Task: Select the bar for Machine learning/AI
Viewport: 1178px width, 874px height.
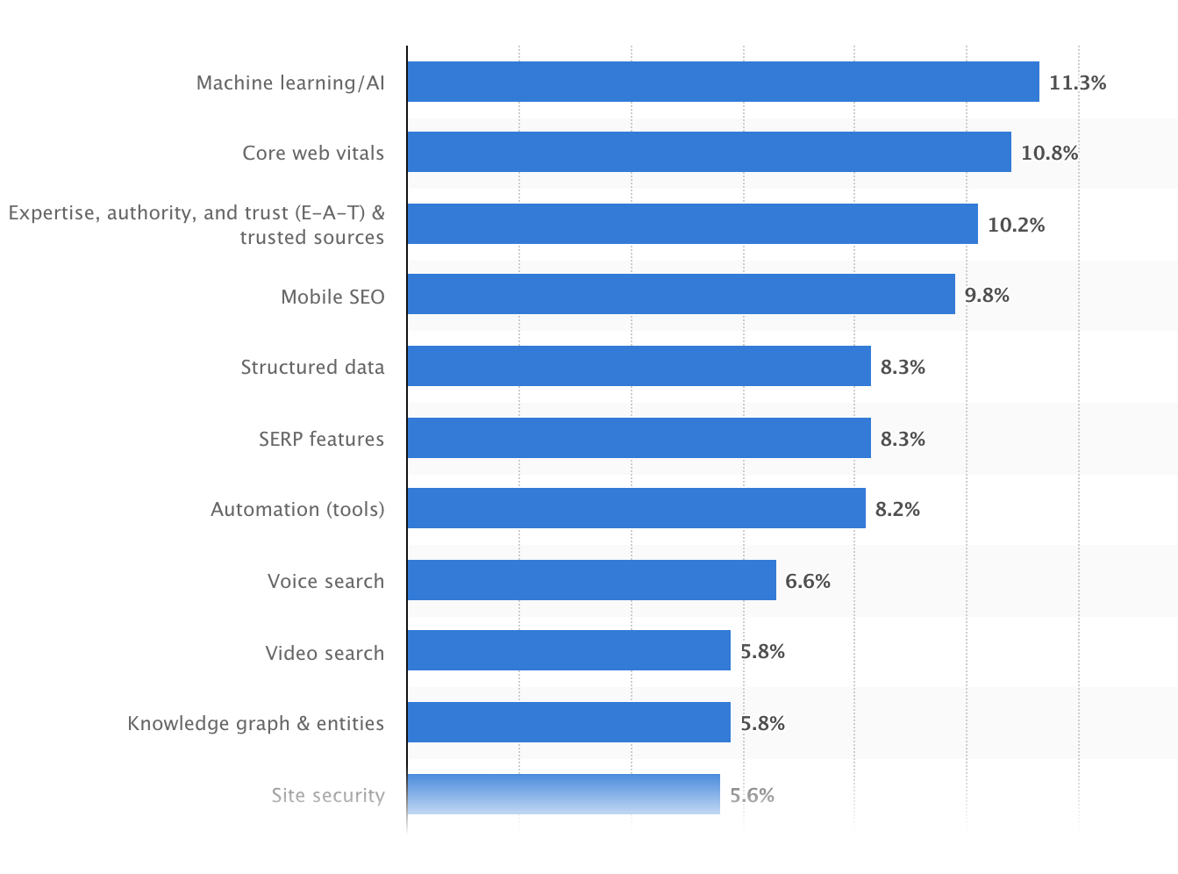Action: (x=723, y=82)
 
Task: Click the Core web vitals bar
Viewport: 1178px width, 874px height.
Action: (x=709, y=152)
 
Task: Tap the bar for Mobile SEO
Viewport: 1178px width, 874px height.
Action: (x=681, y=294)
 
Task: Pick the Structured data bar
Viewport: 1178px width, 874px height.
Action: (x=639, y=366)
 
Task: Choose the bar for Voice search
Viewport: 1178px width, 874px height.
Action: (x=591, y=580)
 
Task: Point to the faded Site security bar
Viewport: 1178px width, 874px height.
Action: (x=563, y=794)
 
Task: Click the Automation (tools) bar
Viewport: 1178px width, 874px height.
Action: (x=636, y=508)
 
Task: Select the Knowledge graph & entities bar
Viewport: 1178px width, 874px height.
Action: (x=568, y=722)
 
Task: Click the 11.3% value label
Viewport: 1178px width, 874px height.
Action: (x=1077, y=82)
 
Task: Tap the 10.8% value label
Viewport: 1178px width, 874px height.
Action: (x=1049, y=153)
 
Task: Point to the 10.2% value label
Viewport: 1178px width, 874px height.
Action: (x=1016, y=225)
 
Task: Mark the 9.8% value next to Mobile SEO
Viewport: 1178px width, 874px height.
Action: (x=987, y=296)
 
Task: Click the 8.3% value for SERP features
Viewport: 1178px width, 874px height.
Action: (x=903, y=439)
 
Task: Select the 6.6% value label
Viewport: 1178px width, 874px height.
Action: (x=807, y=581)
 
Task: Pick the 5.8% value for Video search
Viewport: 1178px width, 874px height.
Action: (x=762, y=651)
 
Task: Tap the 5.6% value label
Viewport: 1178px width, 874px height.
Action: (x=752, y=795)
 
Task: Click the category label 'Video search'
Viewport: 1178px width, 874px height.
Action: (x=325, y=653)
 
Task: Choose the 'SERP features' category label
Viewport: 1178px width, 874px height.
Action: (x=321, y=439)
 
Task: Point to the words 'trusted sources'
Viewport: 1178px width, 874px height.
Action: (x=311, y=237)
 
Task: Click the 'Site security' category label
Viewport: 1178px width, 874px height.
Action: (x=327, y=795)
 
